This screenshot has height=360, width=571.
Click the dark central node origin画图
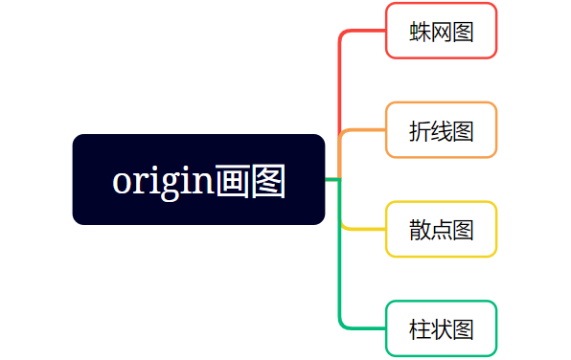click(198, 179)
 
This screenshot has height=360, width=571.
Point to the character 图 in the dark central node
click(267, 180)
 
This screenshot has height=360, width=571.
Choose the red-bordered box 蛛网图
click(441, 31)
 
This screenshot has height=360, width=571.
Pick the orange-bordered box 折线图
click(441, 129)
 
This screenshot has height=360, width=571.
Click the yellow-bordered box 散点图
click(441, 230)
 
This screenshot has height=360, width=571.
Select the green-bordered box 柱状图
click(441, 328)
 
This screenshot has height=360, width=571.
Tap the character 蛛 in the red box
click(420, 32)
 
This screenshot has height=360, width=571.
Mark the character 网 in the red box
click(442, 32)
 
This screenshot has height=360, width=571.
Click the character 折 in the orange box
click(420, 130)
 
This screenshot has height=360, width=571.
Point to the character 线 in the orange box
click(442, 130)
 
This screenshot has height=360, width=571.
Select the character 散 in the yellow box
click(420, 230)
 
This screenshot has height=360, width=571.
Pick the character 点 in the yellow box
click(442, 230)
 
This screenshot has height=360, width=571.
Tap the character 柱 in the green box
click(420, 329)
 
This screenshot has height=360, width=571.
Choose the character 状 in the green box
click(442, 329)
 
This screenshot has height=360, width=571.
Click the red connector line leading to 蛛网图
click(341, 77)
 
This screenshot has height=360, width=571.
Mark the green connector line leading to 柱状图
click(341, 287)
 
